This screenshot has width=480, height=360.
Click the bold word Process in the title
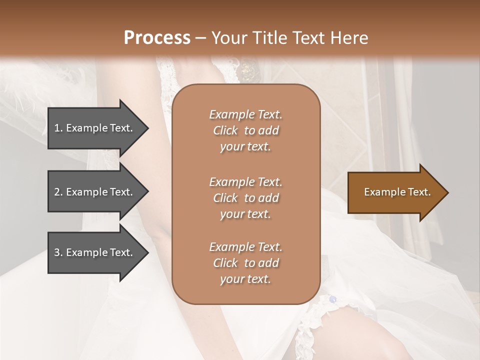157,38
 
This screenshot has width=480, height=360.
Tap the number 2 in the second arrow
57,192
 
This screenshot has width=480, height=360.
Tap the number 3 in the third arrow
57,252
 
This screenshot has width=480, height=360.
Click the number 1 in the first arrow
57,128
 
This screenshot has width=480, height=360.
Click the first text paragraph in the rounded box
245,130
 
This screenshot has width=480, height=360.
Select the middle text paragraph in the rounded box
245,198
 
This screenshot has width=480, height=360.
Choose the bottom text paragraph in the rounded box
245,263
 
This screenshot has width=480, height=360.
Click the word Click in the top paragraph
225,130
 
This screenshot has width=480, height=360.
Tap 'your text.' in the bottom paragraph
245,279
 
